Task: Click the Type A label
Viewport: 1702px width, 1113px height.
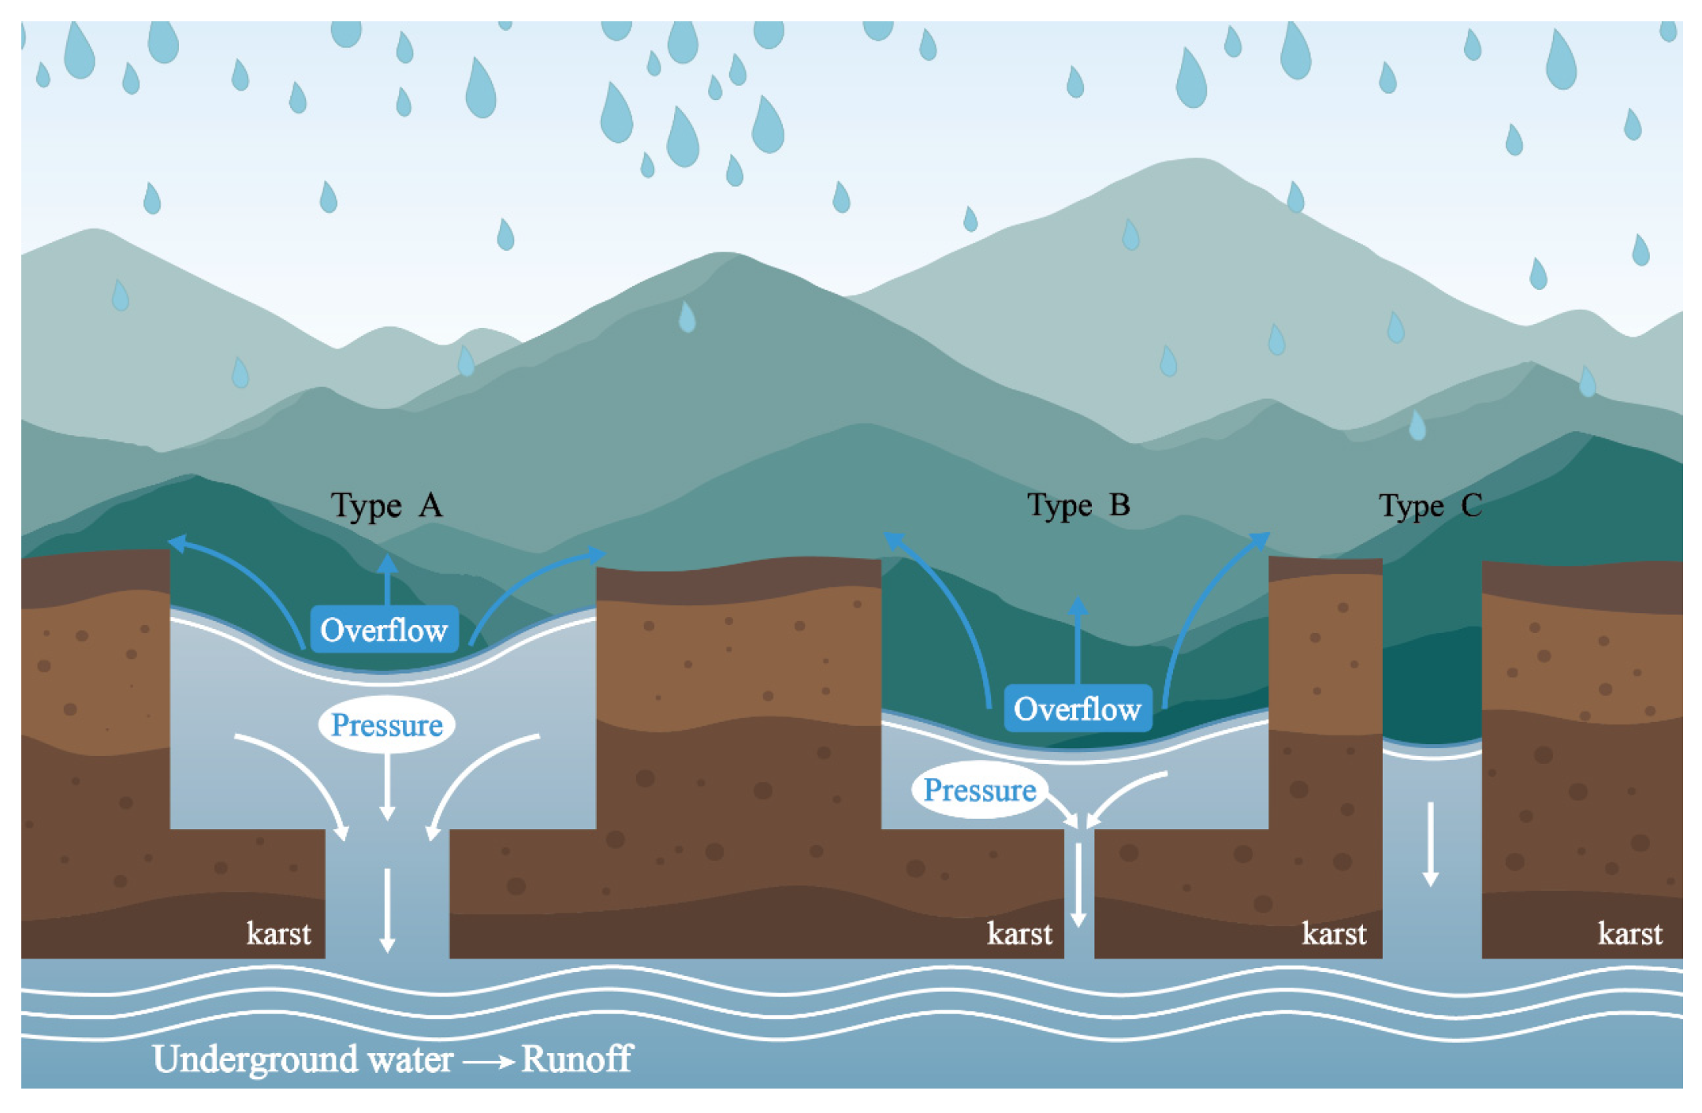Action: pyautogui.click(x=386, y=506)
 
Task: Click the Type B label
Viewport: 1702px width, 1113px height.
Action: pyautogui.click(x=1078, y=506)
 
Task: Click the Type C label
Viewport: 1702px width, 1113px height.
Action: pyautogui.click(x=1429, y=506)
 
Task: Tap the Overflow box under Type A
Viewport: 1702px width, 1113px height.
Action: pyautogui.click(x=384, y=630)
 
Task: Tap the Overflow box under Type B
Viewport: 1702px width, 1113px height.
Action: pyautogui.click(x=1077, y=709)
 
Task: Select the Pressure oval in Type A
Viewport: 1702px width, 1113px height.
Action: pyautogui.click(x=386, y=724)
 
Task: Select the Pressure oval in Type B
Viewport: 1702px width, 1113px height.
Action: pyautogui.click(x=979, y=790)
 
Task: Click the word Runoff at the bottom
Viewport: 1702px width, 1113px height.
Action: pyautogui.click(x=576, y=1059)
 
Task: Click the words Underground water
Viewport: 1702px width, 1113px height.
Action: pyautogui.click(x=303, y=1059)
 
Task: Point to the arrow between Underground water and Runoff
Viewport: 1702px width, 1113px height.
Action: pyautogui.click(x=489, y=1063)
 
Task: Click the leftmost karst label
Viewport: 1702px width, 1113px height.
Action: pyautogui.click(x=278, y=934)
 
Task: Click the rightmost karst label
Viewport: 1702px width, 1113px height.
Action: pyautogui.click(x=1629, y=934)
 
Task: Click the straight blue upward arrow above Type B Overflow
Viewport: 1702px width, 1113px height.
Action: pyautogui.click(x=1078, y=638)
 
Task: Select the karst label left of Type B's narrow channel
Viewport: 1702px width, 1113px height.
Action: pyautogui.click(x=1019, y=934)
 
